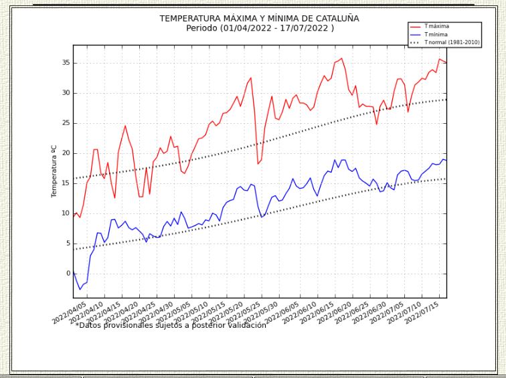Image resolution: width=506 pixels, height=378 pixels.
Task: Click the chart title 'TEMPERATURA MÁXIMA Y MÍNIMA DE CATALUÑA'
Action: pos(259,18)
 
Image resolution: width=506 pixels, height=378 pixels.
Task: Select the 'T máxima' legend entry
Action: pos(436,26)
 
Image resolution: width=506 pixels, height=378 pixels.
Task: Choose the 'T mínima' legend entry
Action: pos(435,33)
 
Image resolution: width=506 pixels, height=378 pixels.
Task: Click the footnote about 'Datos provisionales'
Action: pos(171,325)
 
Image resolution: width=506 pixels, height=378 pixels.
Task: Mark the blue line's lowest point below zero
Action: pos(80,289)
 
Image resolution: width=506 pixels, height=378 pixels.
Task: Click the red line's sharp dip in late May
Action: pos(258,163)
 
